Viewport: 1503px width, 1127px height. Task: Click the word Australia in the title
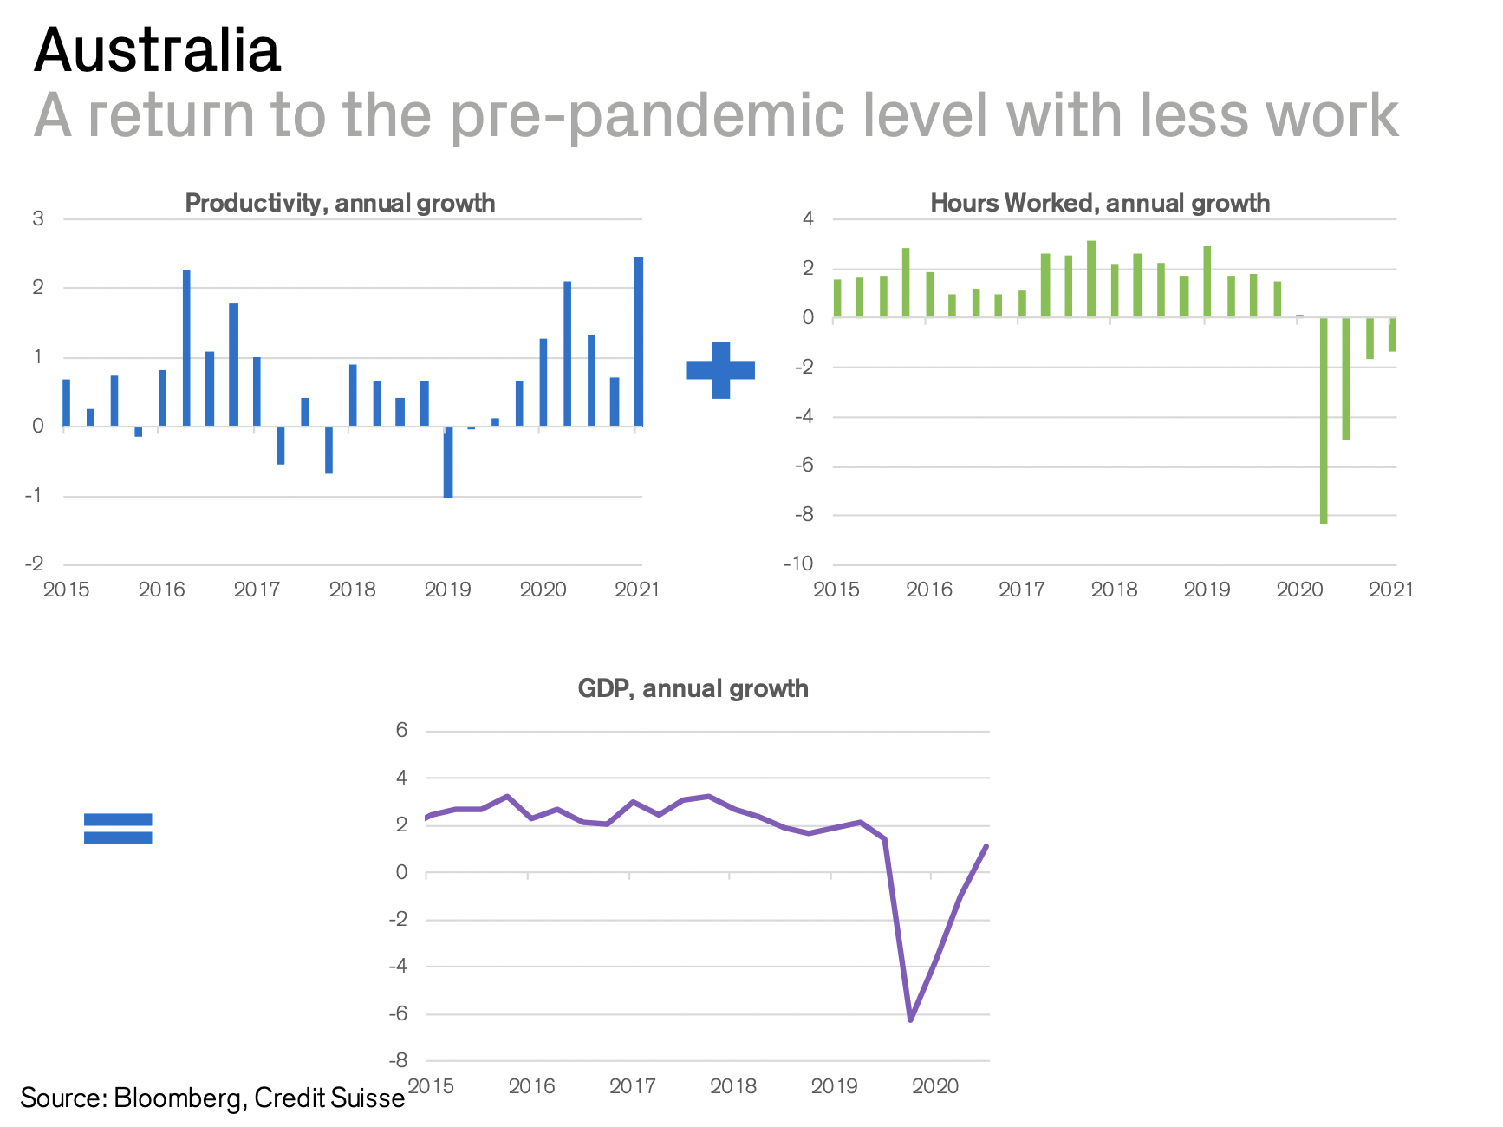[157, 50]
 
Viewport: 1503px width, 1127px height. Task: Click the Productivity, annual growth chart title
[340, 203]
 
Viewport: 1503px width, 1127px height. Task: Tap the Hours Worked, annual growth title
[1100, 203]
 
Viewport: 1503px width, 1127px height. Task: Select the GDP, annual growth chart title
[693, 688]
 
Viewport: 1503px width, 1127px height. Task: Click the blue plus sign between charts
[720, 370]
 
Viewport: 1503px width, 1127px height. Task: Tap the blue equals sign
[118, 828]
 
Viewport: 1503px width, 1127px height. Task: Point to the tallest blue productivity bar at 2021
[638, 342]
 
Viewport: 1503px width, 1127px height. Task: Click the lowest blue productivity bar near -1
[448, 462]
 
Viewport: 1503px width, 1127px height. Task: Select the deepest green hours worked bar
[1324, 420]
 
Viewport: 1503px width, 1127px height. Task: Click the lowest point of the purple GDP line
[910, 1020]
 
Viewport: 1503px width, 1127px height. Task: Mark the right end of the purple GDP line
[986, 846]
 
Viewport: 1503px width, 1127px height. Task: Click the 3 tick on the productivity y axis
[38, 218]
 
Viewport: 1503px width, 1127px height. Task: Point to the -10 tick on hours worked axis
[798, 564]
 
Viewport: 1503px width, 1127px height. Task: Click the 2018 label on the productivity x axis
[352, 590]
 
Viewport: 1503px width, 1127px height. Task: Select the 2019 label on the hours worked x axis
[1207, 590]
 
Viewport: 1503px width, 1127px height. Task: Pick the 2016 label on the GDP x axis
[531, 1086]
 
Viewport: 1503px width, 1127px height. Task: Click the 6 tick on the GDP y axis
[401, 730]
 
